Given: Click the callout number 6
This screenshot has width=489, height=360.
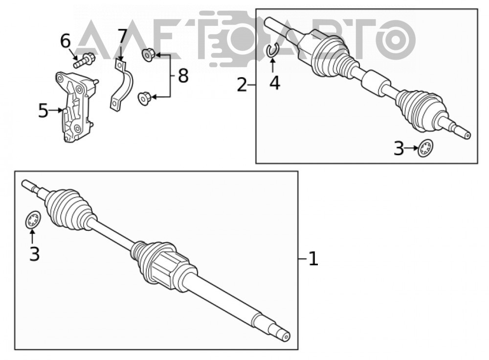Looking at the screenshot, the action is [66, 41].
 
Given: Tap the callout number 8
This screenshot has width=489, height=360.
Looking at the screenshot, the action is [183, 76].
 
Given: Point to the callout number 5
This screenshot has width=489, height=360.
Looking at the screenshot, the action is [44, 111].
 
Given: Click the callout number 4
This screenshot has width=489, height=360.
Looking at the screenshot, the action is [275, 83].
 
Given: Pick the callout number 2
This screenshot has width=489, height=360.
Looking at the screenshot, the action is [243, 85].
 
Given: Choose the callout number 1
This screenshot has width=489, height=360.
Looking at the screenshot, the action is [313, 259].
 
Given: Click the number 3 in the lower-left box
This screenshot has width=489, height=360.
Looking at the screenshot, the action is [35, 254].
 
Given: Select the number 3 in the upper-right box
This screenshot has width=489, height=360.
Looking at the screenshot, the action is [399, 149].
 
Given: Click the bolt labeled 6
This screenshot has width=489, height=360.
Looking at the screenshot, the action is [84, 60].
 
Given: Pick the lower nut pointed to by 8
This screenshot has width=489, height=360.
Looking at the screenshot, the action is [144, 98].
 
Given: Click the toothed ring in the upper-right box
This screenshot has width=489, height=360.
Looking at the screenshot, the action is [426, 148].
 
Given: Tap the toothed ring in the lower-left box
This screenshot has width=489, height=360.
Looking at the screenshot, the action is [33, 220].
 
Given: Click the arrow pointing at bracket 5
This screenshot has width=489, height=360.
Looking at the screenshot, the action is [56, 110].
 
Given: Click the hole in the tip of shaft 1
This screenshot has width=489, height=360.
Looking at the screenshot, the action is [286, 337].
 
